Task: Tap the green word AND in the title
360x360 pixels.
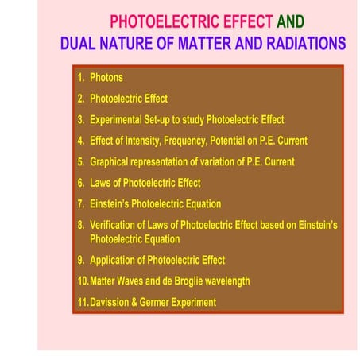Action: [289, 21]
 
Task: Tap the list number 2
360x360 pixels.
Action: [81, 99]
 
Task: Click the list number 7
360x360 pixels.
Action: [81, 204]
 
